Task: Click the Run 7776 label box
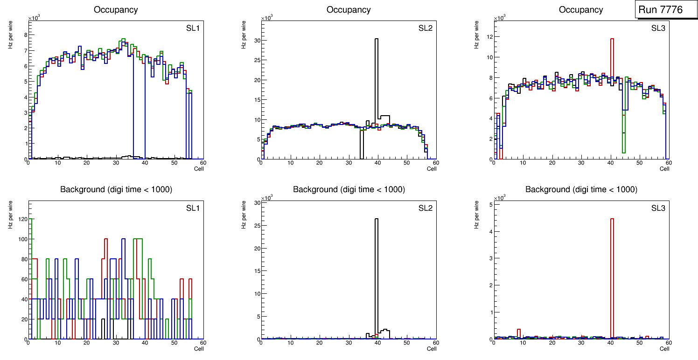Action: [666, 9]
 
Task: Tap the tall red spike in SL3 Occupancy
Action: [612, 93]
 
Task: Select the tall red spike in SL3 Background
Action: [612, 275]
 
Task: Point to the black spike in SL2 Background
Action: [377, 275]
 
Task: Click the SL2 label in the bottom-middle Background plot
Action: [426, 208]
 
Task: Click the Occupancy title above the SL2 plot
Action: [349, 10]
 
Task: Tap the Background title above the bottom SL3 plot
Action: [581, 189]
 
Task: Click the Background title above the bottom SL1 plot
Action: [116, 189]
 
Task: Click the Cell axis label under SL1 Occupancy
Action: [199, 169]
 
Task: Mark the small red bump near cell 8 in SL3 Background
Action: [519, 332]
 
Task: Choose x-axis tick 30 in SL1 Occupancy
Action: [116, 163]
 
